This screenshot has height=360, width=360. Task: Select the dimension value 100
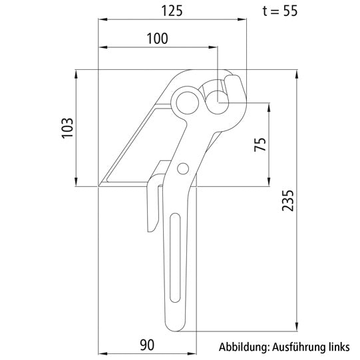(157, 39)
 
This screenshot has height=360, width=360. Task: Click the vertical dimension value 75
(260, 144)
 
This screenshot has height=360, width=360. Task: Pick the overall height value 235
(286, 199)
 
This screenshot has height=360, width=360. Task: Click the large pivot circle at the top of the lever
(186, 102)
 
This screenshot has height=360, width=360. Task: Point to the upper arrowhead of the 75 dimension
(270, 106)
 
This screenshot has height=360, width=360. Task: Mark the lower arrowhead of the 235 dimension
(295, 327)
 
